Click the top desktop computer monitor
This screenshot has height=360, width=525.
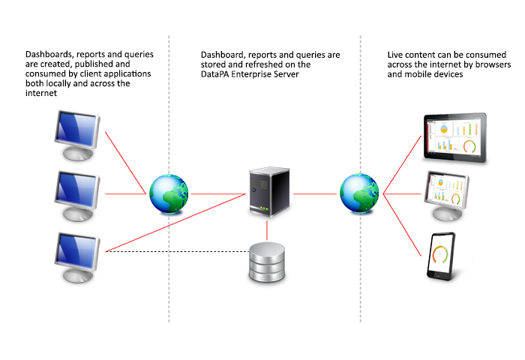pyautogui.click(x=78, y=132)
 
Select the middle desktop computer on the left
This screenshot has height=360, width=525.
pyautogui.click(x=78, y=190)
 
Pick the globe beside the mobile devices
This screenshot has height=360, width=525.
pyautogui.click(x=359, y=193)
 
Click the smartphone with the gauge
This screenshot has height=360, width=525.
pyautogui.click(x=442, y=256)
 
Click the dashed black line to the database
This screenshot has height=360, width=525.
pyautogui.click(x=176, y=252)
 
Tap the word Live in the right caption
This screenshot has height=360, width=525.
pyautogui.click(x=396, y=55)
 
